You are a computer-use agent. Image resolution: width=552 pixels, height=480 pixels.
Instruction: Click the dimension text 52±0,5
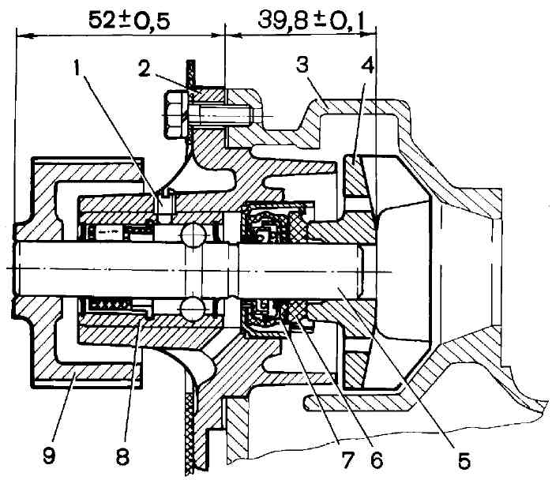tap(130, 20)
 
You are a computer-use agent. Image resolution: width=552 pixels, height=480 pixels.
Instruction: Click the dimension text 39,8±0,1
tap(311, 21)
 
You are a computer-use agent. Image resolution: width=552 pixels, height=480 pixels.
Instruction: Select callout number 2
tap(144, 69)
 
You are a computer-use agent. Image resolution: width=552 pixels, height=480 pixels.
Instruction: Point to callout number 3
tap(302, 65)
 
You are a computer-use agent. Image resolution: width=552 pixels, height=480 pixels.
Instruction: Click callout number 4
tap(367, 66)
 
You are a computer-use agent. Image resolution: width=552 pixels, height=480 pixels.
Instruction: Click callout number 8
tap(122, 456)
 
